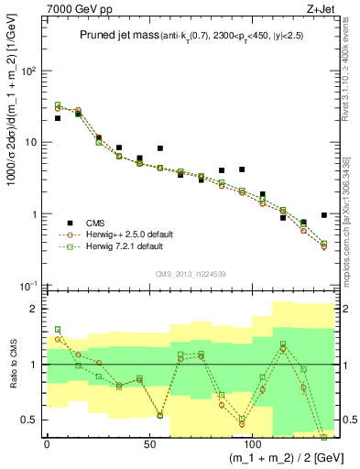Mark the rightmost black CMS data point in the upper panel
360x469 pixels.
point(324,215)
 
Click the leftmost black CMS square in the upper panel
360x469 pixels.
point(58,118)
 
